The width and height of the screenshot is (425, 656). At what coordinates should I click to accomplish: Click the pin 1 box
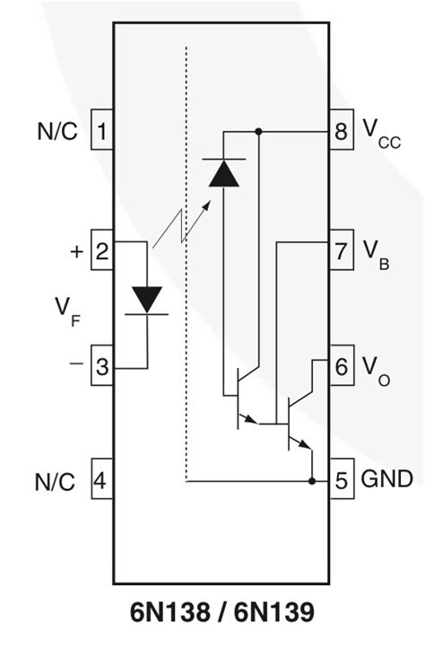coord(101,133)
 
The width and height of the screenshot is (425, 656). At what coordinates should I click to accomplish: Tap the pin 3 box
coord(101,366)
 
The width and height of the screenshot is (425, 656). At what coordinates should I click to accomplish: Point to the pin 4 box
coord(101,481)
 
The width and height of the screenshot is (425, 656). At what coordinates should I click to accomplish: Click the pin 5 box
coord(341,480)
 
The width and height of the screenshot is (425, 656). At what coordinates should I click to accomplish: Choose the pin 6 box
coord(341,366)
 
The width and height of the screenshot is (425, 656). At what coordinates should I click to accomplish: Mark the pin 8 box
coord(341,133)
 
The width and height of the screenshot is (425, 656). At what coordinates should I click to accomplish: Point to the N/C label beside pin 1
coord(57,133)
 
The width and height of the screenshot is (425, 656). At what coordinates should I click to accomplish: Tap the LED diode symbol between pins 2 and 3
coord(146,300)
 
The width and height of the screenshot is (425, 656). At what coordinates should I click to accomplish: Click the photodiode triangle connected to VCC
coord(222,173)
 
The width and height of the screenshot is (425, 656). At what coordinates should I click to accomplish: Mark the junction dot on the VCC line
coord(259,132)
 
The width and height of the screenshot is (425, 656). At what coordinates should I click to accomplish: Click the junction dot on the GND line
coord(311,481)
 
